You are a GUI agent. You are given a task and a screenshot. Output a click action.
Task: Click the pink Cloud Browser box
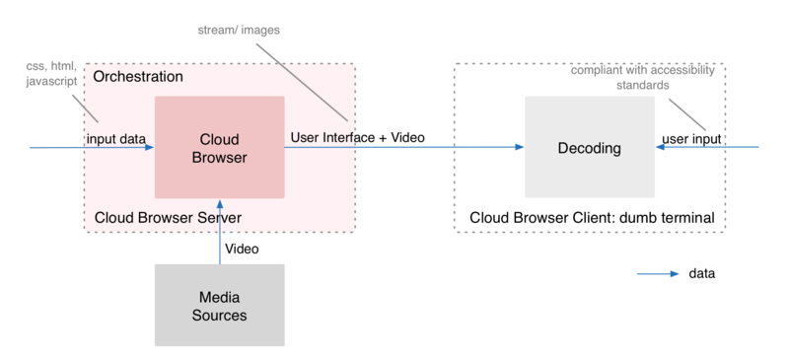coord(219,147)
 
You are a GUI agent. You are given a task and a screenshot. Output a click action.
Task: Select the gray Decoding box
coord(590,148)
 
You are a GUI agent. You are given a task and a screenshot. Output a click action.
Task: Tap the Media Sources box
coord(219,306)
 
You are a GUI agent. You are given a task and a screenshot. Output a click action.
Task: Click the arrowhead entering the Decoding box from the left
coord(518,148)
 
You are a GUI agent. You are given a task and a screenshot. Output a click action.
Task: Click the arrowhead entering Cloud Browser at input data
coord(149,148)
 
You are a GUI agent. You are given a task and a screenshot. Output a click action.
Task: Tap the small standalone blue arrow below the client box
coord(658,273)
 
